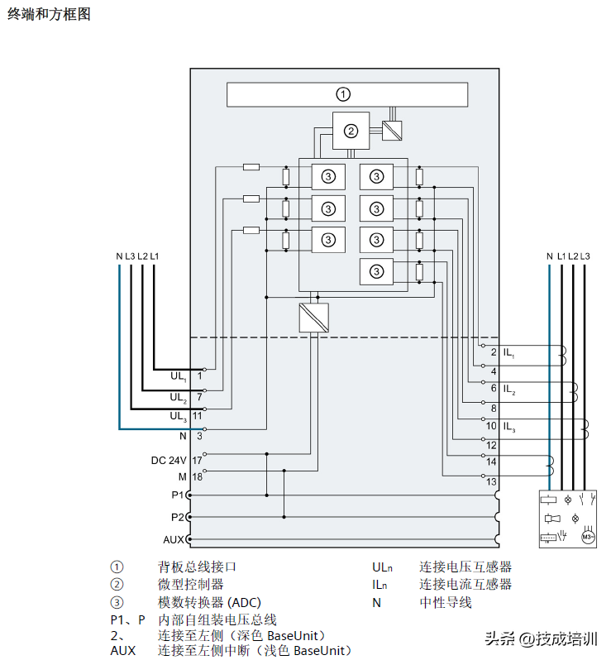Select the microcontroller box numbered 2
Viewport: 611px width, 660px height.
click(x=351, y=131)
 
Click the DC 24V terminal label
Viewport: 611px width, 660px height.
click(x=169, y=460)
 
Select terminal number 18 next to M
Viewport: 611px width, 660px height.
click(x=198, y=476)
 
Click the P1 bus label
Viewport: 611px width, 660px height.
click(x=178, y=495)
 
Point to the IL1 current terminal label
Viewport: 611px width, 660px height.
click(x=508, y=353)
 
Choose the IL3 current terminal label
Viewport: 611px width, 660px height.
click(x=508, y=427)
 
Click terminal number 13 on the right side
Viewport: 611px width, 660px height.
click(x=491, y=481)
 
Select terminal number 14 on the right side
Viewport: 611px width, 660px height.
click(x=491, y=461)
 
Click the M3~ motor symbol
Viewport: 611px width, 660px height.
click(x=588, y=537)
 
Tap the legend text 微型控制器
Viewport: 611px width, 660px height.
click(x=190, y=585)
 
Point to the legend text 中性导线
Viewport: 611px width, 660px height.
click(x=445, y=603)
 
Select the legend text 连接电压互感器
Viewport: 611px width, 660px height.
click(x=465, y=567)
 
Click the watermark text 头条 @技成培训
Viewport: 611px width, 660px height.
click(x=541, y=638)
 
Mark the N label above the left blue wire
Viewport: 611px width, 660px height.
click(x=119, y=256)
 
